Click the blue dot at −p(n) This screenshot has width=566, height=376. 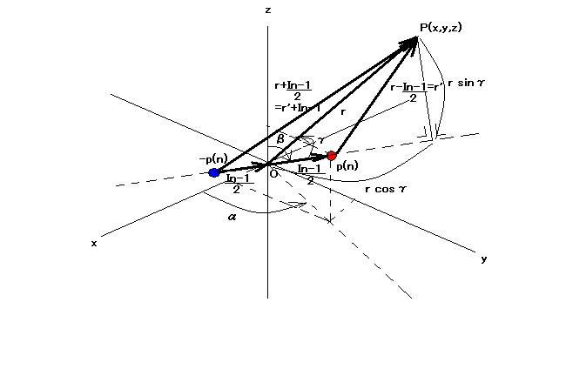[x=214, y=172]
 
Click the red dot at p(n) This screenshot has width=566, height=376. [x=331, y=155]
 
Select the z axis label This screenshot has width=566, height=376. [x=268, y=10]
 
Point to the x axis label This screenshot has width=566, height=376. [x=93, y=243]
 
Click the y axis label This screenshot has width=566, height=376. [x=483, y=258]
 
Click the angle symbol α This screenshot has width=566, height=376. [x=232, y=217]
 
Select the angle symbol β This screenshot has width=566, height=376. [x=280, y=138]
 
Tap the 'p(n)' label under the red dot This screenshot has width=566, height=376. [x=347, y=165]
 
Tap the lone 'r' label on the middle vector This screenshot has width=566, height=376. [x=343, y=111]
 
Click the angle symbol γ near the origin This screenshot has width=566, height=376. [x=320, y=139]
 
